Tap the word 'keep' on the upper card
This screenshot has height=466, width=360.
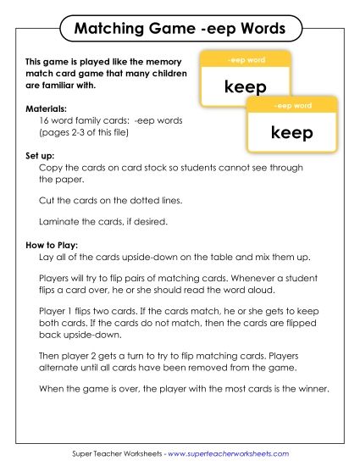(x=246, y=86)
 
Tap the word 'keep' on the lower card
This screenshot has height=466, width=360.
(x=292, y=132)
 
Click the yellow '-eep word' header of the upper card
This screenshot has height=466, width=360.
(x=246, y=60)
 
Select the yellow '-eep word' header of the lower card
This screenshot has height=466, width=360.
(x=292, y=106)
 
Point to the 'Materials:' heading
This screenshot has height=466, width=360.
(x=47, y=108)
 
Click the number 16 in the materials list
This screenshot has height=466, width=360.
(x=46, y=121)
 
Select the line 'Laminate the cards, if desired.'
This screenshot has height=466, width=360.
(x=105, y=222)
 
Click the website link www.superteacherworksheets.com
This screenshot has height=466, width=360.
(x=228, y=453)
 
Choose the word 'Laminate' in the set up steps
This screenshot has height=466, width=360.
(x=60, y=222)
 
